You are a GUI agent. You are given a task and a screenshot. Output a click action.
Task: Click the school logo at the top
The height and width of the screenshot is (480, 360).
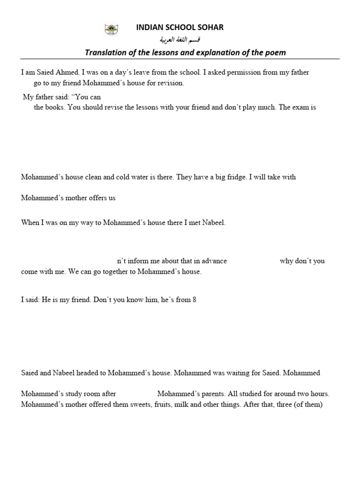pos(111,30)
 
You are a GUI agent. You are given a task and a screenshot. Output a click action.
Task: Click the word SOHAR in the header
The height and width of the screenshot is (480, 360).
pos(211,28)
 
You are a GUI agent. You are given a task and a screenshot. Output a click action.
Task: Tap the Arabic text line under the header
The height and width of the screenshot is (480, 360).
pos(180,40)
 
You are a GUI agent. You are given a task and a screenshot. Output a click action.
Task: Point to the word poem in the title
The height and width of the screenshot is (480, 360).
pos(276,52)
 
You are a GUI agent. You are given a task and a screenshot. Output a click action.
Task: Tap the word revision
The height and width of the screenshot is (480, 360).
pos(170,83)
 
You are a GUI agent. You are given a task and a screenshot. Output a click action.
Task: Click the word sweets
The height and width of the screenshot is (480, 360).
pos(139,405)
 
